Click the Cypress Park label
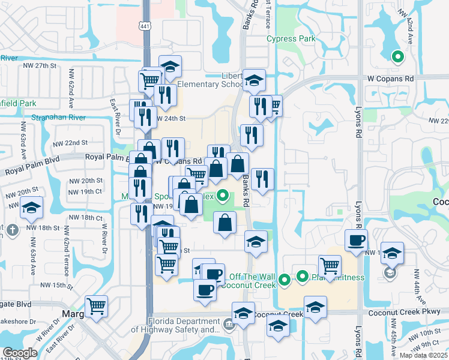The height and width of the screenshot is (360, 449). click(x=291, y=39)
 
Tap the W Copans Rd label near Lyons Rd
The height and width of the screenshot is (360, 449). click(x=391, y=79)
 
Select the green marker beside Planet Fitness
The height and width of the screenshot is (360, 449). click(x=302, y=277)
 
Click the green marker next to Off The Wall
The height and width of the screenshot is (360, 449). click(x=285, y=278)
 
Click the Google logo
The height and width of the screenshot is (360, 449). click(x=20, y=353)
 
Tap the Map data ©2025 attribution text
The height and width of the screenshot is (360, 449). click(x=424, y=355)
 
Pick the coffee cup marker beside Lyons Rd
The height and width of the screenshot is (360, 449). click(x=355, y=241)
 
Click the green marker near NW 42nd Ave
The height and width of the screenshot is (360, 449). click(x=397, y=57)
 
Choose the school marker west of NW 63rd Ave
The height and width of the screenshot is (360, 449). click(x=31, y=208)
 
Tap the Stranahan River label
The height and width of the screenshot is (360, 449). click(x=55, y=118)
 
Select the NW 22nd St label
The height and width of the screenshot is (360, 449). click(x=70, y=143)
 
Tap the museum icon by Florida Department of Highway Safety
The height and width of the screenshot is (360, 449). click(x=229, y=325)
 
